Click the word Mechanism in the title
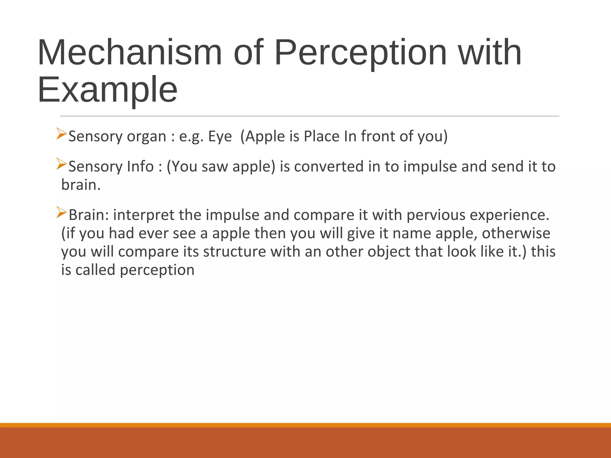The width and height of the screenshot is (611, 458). coord(130,53)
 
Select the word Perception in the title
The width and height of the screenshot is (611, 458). coord(360,53)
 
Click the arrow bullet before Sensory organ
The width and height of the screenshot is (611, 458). coord(61,134)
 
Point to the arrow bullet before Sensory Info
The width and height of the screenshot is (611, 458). coord(61,164)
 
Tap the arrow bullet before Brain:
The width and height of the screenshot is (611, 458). coord(61,212)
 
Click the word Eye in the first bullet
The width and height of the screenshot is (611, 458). coord(220,137)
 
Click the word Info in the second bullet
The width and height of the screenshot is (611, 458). coord(141,166)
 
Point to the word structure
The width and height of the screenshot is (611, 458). coord(234,252)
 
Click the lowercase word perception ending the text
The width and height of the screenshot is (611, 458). coord(157,270)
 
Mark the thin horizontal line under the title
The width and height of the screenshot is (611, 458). coord(309,116)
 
